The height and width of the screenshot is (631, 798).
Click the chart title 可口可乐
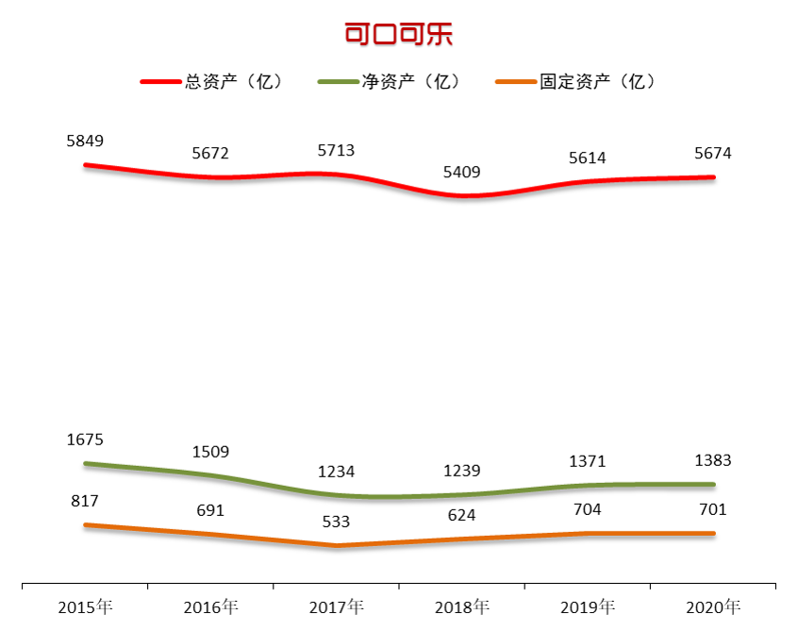pos(399,35)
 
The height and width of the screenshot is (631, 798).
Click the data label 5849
pos(85,141)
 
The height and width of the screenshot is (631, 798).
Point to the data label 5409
pos(461,173)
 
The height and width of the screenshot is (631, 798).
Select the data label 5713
pos(336,150)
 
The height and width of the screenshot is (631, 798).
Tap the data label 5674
pos(713,154)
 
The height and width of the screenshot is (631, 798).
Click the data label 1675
pos(85,440)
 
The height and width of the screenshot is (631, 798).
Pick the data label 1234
pos(336,473)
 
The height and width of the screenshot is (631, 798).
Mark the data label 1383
pos(713,461)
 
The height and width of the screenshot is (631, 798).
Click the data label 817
pos(85,502)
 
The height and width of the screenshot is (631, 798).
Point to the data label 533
pos(336,522)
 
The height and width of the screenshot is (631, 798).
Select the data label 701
pos(713,510)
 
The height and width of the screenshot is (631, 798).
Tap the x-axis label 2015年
pos(85,606)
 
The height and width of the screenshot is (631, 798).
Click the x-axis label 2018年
pos(461,606)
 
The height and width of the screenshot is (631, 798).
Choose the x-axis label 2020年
pos(713,606)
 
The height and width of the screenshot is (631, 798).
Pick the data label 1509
pos(210,452)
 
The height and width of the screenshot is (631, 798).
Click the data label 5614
pos(588,158)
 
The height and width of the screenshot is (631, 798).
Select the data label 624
pos(461,516)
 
